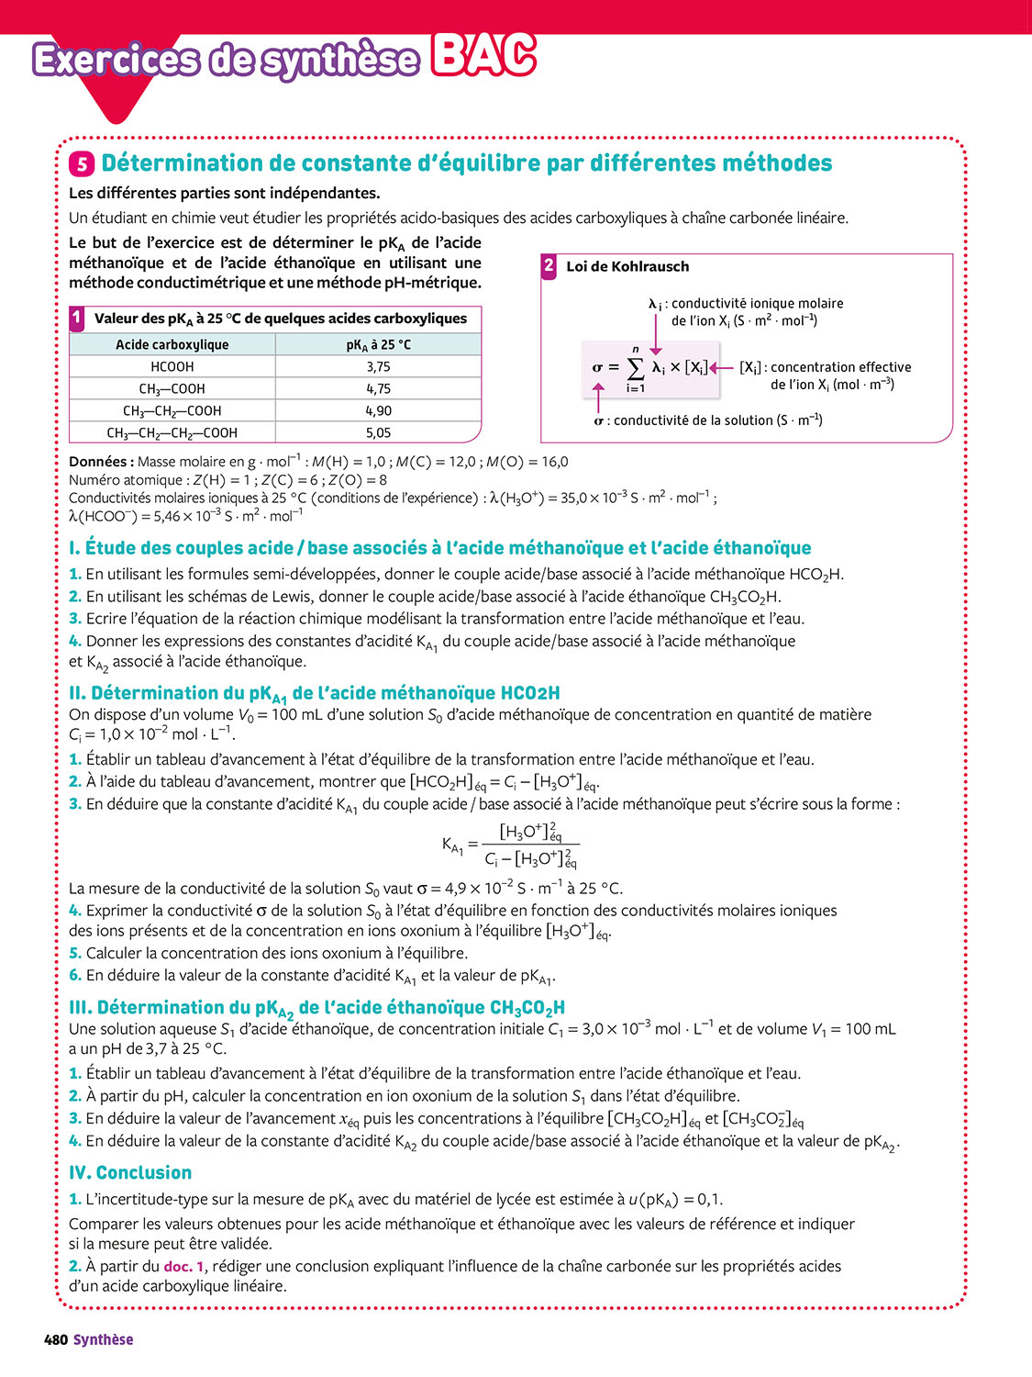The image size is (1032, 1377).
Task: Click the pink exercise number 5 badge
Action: [x=82, y=164]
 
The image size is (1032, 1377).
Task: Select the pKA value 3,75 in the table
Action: [x=378, y=366]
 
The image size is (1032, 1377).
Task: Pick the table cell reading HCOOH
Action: [x=172, y=366]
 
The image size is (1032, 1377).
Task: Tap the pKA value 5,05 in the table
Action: [x=378, y=432]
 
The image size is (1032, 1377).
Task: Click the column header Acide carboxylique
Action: [x=172, y=344]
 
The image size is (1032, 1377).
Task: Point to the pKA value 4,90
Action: [x=378, y=410]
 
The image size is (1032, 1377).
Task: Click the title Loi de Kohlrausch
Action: [x=627, y=266]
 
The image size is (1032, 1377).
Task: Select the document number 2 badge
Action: [x=549, y=266]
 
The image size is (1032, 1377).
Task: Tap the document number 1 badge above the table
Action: [x=77, y=318]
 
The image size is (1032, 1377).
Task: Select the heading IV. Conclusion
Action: [x=130, y=1172]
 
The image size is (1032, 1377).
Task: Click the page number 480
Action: [x=56, y=1339]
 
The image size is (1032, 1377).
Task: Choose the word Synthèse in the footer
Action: [x=104, y=1339]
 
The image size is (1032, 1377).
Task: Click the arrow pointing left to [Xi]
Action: [x=722, y=368]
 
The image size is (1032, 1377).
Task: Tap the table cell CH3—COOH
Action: [x=172, y=388]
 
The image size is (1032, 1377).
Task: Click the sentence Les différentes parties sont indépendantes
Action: [x=224, y=193]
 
